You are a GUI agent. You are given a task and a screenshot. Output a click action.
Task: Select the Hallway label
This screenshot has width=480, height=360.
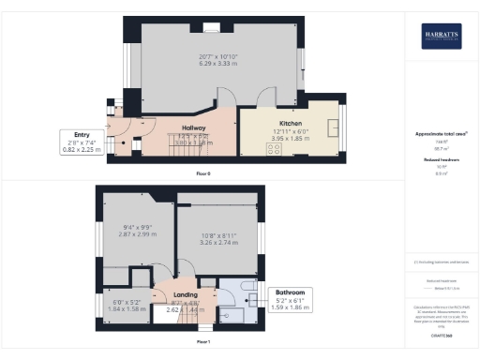(x=194, y=127)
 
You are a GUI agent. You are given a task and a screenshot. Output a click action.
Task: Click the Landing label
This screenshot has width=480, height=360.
(x=185, y=294)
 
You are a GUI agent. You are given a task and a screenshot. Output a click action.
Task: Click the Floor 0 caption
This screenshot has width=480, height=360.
(x=203, y=174)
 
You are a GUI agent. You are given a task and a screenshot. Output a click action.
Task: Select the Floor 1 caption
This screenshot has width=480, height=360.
(x=203, y=342)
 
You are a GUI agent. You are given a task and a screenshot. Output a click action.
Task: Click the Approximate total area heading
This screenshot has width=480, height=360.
(x=441, y=134)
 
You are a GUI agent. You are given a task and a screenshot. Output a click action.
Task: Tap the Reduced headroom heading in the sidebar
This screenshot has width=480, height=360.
(x=441, y=161)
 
